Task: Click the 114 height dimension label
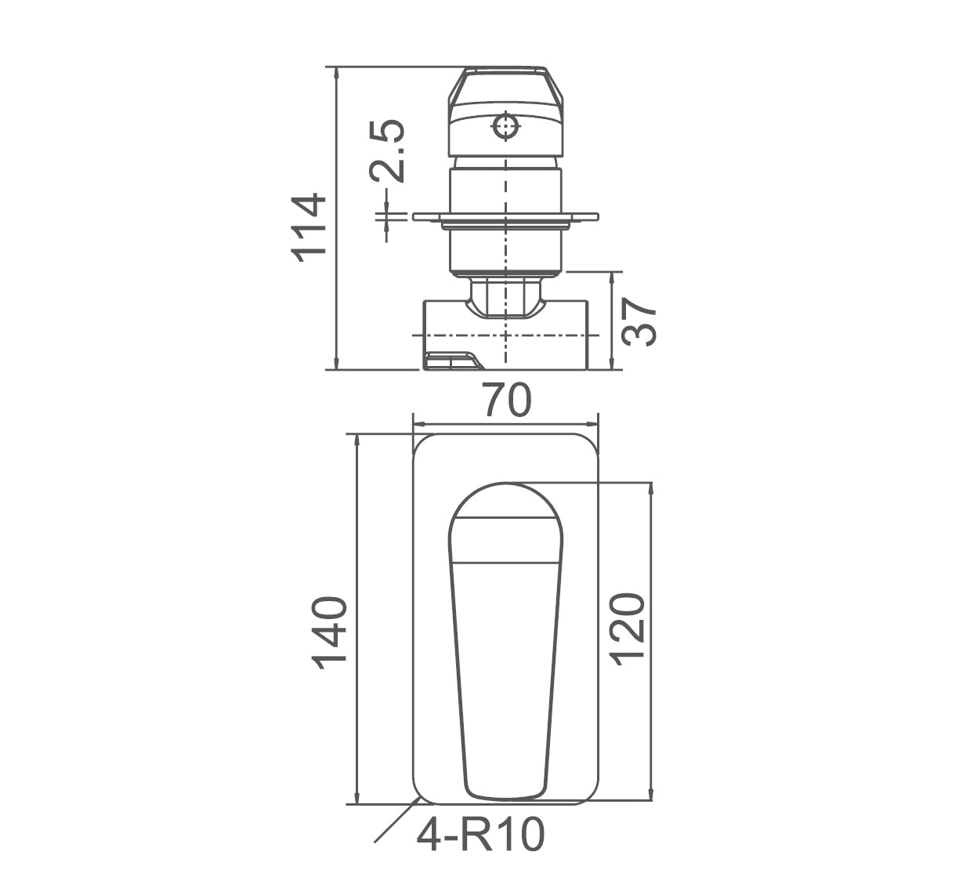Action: point(308,226)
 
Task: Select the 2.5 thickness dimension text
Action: point(389,151)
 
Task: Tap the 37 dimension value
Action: point(639,321)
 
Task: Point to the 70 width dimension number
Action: point(506,400)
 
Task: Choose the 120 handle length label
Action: point(628,629)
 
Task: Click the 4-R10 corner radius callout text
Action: point(479,835)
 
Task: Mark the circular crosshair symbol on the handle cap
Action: point(505,125)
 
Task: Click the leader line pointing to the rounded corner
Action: point(396,821)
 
